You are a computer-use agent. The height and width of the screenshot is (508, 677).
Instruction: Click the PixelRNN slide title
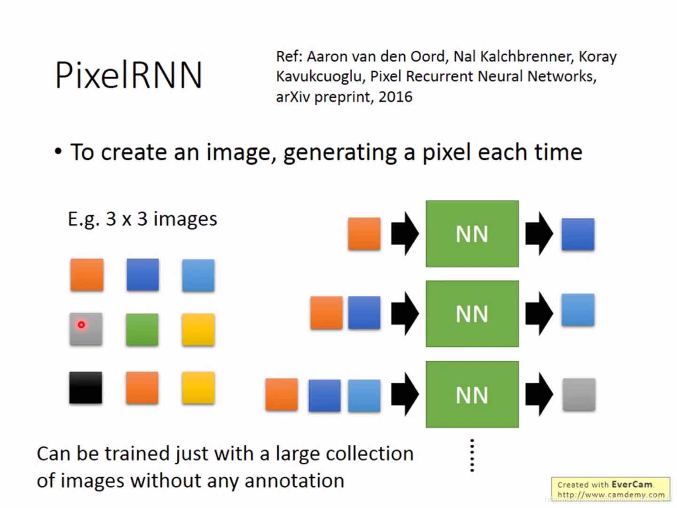tap(128, 75)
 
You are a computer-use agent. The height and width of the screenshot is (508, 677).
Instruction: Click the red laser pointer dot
tap(81, 325)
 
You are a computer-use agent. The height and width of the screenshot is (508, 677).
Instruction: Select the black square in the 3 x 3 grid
tap(86, 388)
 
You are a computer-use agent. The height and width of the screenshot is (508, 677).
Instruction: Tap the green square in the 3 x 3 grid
tap(142, 330)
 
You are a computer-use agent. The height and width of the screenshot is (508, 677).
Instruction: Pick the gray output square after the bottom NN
tap(579, 395)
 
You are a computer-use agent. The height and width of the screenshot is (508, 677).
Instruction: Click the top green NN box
tap(472, 234)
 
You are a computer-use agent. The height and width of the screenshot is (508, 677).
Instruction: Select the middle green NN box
tap(472, 314)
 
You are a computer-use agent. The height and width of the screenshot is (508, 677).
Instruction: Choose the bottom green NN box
tap(472, 395)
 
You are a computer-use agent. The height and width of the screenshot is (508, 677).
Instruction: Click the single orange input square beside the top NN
tap(364, 234)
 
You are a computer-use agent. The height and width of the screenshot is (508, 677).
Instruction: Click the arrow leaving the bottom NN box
tap(539, 395)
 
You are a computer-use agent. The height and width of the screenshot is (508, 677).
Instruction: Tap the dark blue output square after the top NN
tap(578, 234)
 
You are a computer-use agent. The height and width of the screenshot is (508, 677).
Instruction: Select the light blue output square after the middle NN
tap(578, 310)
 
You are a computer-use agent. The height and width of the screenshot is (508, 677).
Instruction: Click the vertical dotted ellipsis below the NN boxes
tap(472, 455)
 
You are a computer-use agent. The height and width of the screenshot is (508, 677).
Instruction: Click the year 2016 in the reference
tap(395, 97)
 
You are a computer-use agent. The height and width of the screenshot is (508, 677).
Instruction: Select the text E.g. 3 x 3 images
tap(142, 219)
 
